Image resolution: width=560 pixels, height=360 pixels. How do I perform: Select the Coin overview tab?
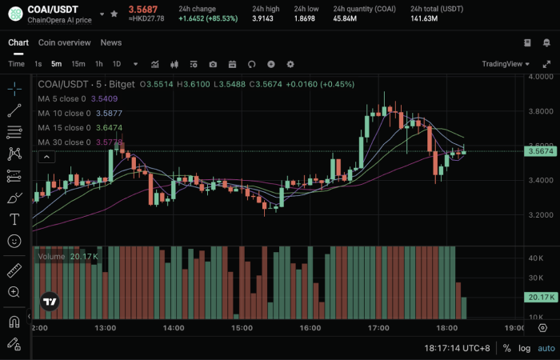pos(64,42)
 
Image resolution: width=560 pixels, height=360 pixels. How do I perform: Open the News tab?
pos(111,42)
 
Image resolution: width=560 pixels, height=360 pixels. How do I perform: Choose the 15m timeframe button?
pos(78,64)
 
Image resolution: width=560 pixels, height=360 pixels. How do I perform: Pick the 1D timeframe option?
pos(117,64)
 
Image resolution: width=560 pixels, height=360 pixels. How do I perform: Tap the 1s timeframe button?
pos(38,64)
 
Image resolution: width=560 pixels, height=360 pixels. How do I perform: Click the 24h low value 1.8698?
pos(306,18)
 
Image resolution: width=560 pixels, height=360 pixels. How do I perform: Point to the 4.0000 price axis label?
pos(540,77)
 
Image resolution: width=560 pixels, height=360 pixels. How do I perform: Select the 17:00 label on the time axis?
pos(378,328)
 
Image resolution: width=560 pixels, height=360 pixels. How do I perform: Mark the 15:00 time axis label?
pos(242,328)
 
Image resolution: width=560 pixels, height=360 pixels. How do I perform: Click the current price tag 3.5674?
pos(540,151)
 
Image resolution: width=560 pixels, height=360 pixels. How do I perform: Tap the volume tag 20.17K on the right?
pos(540,298)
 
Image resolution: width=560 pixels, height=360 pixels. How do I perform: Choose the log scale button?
pos(524,349)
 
